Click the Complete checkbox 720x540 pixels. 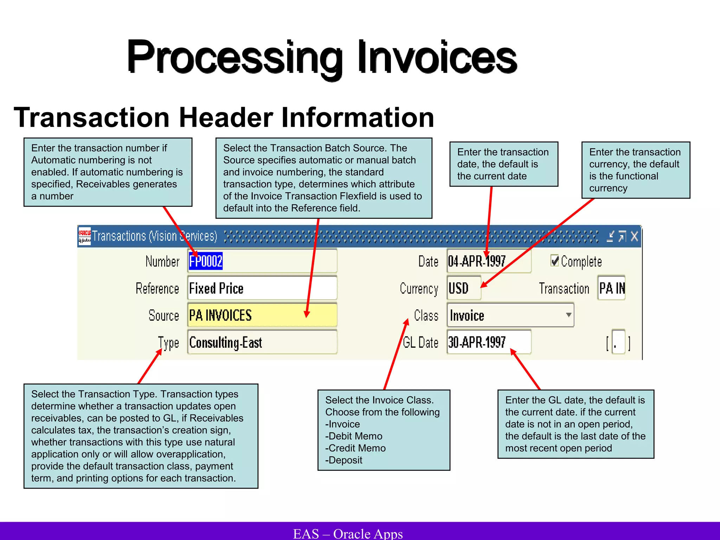point(555,261)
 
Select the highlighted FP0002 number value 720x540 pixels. point(206,261)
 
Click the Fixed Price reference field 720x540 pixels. point(262,288)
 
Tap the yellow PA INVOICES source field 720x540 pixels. point(262,315)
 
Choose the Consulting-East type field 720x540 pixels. point(262,342)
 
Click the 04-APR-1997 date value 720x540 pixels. point(477,261)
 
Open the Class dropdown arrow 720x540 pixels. point(568,315)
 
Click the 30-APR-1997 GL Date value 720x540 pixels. point(477,342)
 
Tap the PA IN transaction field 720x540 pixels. point(612,288)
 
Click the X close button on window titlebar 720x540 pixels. point(634,236)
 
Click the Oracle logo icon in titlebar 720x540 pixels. point(84,236)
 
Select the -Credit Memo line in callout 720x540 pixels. point(355,448)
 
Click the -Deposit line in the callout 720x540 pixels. point(344,460)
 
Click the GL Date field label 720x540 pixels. point(420,342)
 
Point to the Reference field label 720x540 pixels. point(157,289)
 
